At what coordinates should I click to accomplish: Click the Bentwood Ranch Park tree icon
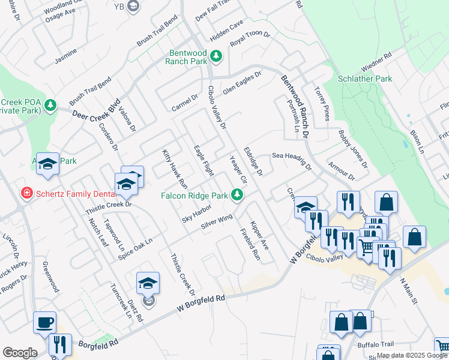[x=217, y=56]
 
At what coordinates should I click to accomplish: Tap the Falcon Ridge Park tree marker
[x=238, y=194]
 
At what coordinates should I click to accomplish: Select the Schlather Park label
[x=364, y=79]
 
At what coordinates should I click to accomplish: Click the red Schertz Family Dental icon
[x=26, y=193]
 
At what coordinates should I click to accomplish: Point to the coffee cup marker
[x=44, y=322]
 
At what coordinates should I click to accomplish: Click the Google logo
[x=20, y=353]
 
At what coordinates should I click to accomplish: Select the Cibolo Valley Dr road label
[x=217, y=107]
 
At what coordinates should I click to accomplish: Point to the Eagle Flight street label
[x=203, y=160]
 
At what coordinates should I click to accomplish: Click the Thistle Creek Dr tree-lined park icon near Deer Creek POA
[x=50, y=106]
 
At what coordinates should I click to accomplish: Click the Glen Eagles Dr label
[x=243, y=83]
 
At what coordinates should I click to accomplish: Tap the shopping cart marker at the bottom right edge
[x=443, y=345]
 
